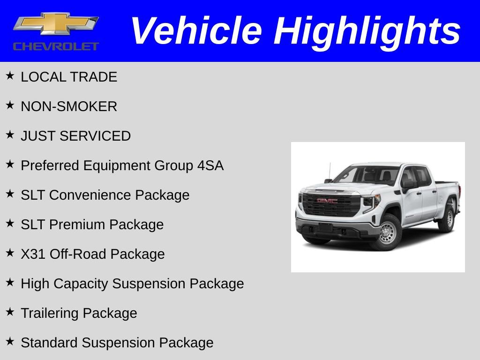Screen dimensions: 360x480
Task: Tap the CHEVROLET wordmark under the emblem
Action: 56,46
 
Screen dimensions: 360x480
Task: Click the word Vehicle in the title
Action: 196,31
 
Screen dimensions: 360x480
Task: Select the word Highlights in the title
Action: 367,31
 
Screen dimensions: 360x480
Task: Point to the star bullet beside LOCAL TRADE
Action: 10,76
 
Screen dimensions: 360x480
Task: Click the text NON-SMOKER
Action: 69,106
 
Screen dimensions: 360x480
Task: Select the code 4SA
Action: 210,165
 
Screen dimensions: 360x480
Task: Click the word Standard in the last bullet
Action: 49,343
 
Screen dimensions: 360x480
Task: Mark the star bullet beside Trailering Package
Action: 10,312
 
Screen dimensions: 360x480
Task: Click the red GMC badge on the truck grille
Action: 327,201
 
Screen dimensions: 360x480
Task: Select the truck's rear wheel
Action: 448,218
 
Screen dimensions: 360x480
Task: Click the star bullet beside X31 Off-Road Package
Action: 10,253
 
